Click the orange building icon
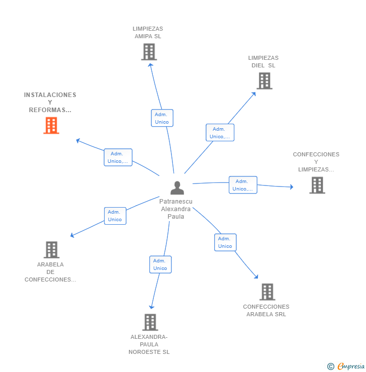pos(51,125)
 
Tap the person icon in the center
pos(177,188)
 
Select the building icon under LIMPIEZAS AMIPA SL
pos(149,52)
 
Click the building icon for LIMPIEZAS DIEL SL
pos(264,81)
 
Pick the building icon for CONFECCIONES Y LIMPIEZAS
pos(317,185)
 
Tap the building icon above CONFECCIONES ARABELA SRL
pos(267,292)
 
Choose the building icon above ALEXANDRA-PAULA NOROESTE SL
pos(150,322)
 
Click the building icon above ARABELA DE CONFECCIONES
pos(51,250)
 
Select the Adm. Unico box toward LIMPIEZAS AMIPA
pos(162,118)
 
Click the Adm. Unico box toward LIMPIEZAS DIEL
pos(220,132)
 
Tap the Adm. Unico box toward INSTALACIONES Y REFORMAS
pos(118,157)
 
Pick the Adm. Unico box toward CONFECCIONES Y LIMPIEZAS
pos(243,185)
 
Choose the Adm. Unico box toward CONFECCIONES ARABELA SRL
pos(225,242)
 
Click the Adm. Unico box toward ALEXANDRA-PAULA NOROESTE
pos(160,264)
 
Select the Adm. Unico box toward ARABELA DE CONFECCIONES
pos(115,216)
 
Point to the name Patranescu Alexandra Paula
pos(176,209)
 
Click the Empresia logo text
pos(351,366)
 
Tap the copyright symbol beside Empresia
pos(331,366)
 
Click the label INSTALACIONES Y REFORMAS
pos(50,102)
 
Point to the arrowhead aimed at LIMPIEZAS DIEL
pos(254,94)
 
